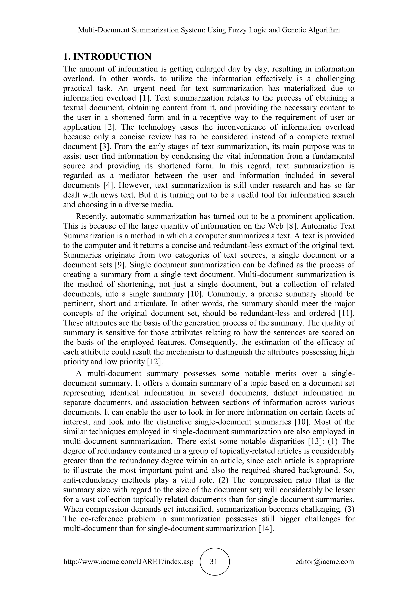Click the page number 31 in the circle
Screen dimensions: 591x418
coord(214,561)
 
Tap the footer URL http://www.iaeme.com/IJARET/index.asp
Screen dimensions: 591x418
coord(128,562)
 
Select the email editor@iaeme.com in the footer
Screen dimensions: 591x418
coord(325,562)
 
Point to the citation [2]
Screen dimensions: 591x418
coord(110,127)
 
